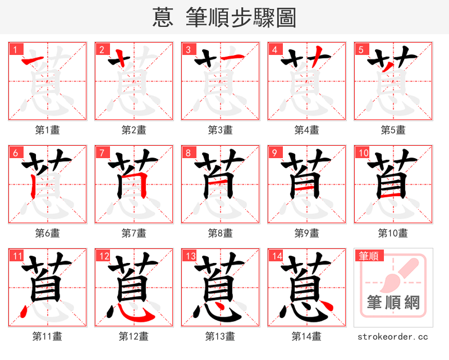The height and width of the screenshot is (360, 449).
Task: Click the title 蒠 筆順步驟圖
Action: [224, 17]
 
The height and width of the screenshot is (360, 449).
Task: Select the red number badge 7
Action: [102, 153]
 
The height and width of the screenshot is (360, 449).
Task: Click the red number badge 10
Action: [363, 153]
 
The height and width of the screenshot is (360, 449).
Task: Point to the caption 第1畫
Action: [48, 130]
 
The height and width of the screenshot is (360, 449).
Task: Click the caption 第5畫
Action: [393, 130]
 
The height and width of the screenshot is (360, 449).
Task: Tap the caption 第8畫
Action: [220, 233]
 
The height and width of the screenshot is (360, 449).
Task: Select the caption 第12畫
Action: [134, 336]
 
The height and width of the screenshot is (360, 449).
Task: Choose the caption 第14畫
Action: [306, 336]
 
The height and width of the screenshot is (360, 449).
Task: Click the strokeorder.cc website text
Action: [393, 336]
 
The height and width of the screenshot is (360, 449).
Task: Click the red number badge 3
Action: [188, 49]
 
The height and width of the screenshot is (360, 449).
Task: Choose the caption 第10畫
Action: [393, 233]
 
